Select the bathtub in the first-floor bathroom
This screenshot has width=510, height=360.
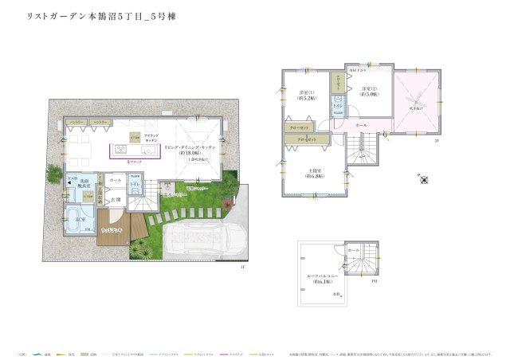click(76, 218)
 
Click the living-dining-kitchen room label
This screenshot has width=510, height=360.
click(186, 151)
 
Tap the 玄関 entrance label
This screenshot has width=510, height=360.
click(116, 198)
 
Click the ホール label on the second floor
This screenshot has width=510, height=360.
click(361, 126)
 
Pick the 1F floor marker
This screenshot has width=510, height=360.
click(241, 268)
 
